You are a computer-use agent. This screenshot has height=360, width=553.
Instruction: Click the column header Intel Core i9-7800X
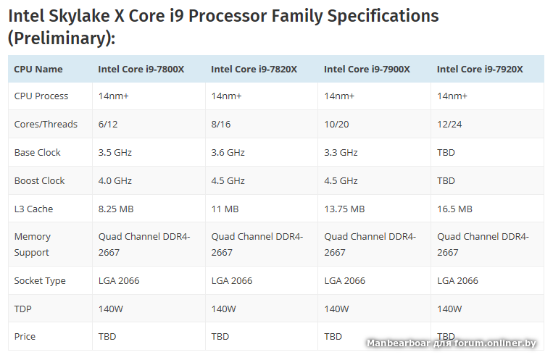click(141, 70)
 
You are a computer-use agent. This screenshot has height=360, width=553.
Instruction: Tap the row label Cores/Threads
click(46, 125)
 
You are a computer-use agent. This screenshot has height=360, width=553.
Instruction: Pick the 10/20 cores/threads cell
click(336, 125)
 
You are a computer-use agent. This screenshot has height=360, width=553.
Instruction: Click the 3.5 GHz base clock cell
click(115, 153)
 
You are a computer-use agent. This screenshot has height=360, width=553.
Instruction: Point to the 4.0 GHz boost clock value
click(115, 181)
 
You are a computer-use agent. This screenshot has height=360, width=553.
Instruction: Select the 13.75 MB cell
click(344, 209)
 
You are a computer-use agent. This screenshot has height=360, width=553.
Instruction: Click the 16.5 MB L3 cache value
click(454, 209)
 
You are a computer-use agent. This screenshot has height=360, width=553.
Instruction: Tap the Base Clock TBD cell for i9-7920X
click(446, 153)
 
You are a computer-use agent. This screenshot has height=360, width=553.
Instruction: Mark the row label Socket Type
click(40, 281)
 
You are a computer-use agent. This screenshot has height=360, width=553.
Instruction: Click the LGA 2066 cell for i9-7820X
click(232, 281)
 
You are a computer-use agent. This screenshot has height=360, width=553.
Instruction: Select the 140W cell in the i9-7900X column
click(337, 309)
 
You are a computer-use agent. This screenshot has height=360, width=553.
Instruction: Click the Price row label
click(25, 337)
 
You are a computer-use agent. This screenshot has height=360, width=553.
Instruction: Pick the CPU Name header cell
click(38, 70)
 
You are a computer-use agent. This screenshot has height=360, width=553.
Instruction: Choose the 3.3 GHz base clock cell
click(341, 153)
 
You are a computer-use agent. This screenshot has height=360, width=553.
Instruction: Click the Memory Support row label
click(33, 245)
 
